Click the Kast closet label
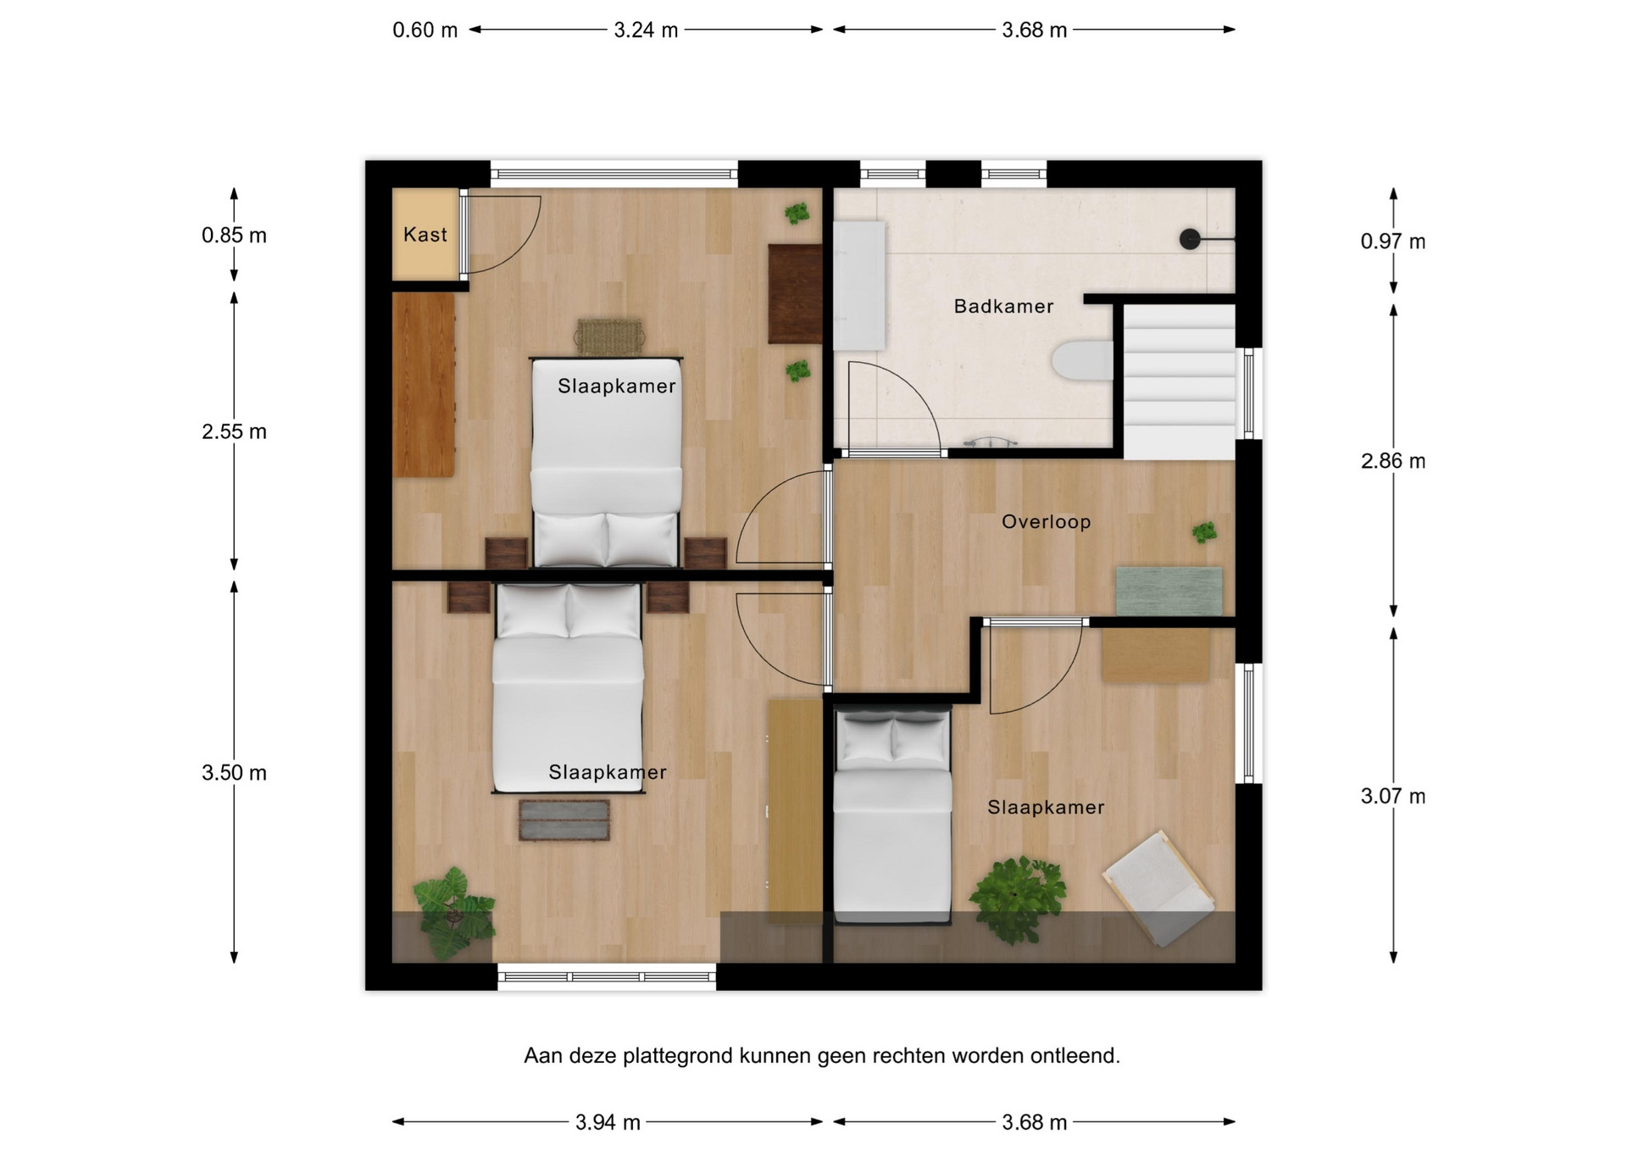(x=425, y=235)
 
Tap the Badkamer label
(x=1003, y=306)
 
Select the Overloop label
(x=1046, y=521)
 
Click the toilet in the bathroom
(x=1082, y=361)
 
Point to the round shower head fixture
(x=1190, y=240)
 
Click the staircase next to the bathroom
(x=1179, y=382)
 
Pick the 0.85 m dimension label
(x=234, y=236)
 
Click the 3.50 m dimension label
(x=234, y=773)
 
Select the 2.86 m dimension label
(x=1393, y=461)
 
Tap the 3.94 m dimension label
(x=608, y=1122)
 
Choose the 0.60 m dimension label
(x=425, y=31)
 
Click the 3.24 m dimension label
(x=646, y=31)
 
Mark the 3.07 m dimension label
(x=1393, y=797)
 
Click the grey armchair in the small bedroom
(x=1158, y=887)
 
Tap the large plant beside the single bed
(x=1017, y=899)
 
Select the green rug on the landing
(x=1169, y=591)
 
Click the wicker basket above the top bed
(x=609, y=336)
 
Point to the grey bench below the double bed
(x=564, y=820)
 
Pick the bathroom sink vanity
(x=858, y=286)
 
